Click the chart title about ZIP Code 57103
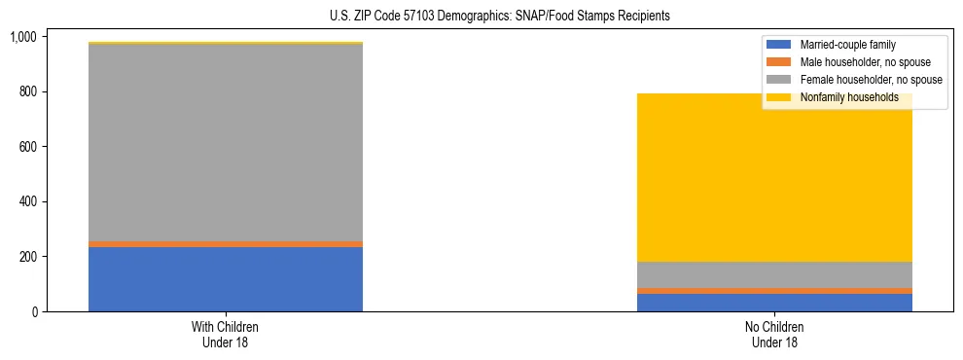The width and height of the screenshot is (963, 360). tap(482, 17)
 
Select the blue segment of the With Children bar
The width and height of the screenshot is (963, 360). tap(226, 279)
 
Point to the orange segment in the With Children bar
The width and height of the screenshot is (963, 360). tap(226, 244)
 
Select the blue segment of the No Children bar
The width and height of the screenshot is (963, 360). tap(775, 303)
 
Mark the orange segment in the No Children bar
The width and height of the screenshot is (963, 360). tap(775, 291)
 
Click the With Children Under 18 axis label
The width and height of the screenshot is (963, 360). tap(226, 335)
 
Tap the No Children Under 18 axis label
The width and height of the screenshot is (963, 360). tap(775, 335)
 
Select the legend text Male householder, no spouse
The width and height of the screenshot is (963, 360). tap(865, 62)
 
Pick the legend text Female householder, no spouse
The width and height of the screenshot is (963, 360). tap(871, 80)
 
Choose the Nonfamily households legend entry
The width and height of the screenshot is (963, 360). tap(849, 97)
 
